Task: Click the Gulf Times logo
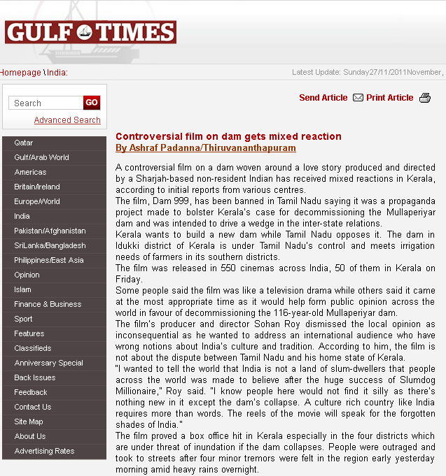[90, 31]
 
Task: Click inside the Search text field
[46, 103]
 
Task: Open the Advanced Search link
[67, 120]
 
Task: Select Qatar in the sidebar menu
[24, 143]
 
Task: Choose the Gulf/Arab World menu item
[41, 157]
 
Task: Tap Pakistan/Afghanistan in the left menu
[50, 231]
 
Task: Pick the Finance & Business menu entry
[48, 304]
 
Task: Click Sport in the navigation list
[23, 319]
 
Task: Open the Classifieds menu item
[32, 348]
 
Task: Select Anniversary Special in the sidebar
[48, 363]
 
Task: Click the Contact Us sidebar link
[32, 407]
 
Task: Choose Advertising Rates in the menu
[44, 451]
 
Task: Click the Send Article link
[323, 98]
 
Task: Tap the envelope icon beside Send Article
[358, 98]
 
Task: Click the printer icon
[425, 98]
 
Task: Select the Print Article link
[389, 98]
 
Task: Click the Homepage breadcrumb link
[20, 73]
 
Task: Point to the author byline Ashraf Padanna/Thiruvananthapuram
[205, 148]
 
